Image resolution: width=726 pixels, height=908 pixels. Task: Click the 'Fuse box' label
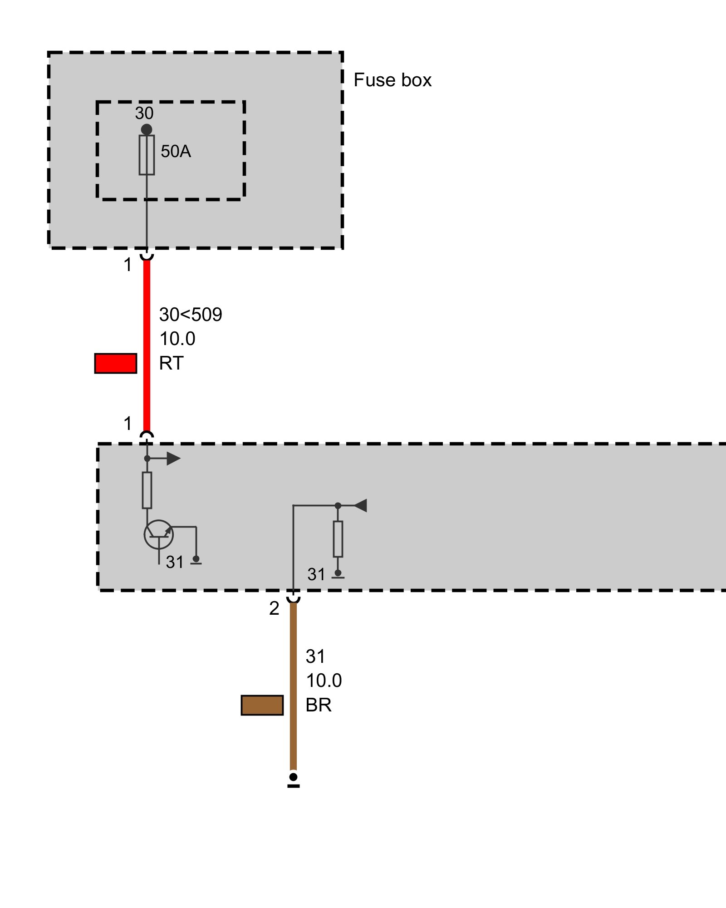[392, 80]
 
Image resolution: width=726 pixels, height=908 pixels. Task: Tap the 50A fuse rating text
[176, 152]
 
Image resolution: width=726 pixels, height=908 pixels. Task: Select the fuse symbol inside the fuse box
[147, 155]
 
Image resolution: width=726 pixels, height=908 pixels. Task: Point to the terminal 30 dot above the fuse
[147, 129]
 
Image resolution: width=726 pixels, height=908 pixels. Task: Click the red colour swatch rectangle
[116, 363]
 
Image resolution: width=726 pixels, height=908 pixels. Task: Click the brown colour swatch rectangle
[262, 705]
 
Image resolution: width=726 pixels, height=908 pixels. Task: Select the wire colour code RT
[171, 363]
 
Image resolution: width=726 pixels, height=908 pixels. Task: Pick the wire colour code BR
[318, 705]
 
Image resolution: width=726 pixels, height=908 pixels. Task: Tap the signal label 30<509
[191, 315]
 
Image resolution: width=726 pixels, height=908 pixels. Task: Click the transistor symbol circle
[158, 534]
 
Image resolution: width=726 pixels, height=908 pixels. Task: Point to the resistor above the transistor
[147, 490]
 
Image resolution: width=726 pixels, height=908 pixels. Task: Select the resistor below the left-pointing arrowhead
[338, 539]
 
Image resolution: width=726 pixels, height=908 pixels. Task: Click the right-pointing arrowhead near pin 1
[173, 459]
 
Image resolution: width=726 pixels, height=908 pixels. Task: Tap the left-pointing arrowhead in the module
[360, 505]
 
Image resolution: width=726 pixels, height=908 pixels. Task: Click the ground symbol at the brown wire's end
[294, 780]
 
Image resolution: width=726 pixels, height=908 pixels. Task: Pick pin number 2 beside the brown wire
[274, 608]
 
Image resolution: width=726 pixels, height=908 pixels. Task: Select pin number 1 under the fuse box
[128, 265]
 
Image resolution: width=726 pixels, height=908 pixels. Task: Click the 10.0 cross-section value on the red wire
[177, 339]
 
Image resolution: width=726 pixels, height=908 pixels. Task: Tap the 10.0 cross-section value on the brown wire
[324, 681]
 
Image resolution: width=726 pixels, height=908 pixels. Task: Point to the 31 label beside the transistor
[175, 562]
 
